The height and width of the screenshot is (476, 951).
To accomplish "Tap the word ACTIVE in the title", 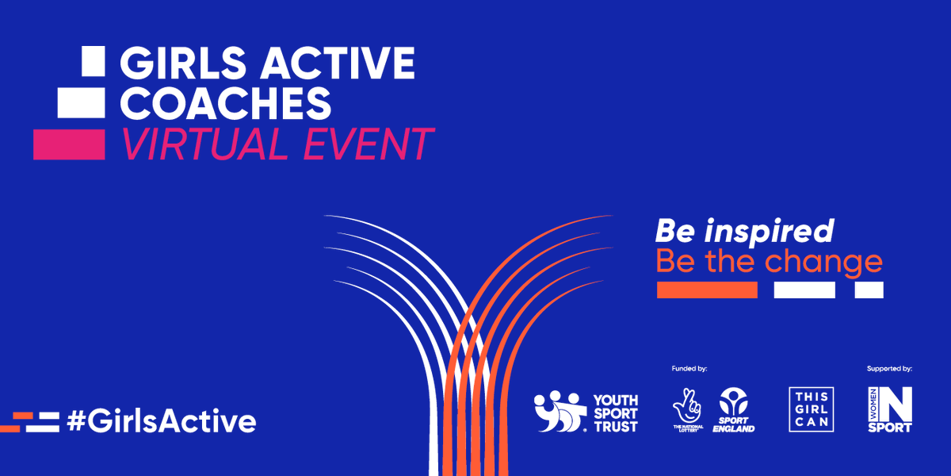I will [x=342, y=63].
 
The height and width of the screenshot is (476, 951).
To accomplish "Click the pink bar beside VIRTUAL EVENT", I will [x=69, y=144].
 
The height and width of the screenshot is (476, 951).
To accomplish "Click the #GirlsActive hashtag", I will [x=162, y=421].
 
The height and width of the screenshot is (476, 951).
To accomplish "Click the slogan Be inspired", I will [x=744, y=231].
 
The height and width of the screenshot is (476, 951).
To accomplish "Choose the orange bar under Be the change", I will [x=707, y=290].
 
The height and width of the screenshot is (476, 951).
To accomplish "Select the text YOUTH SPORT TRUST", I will [x=615, y=413].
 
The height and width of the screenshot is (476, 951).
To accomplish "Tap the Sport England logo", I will [x=736, y=410].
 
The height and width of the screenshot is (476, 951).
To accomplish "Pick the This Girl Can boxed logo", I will [x=812, y=409].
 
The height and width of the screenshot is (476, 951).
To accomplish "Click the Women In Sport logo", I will [x=890, y=409].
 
